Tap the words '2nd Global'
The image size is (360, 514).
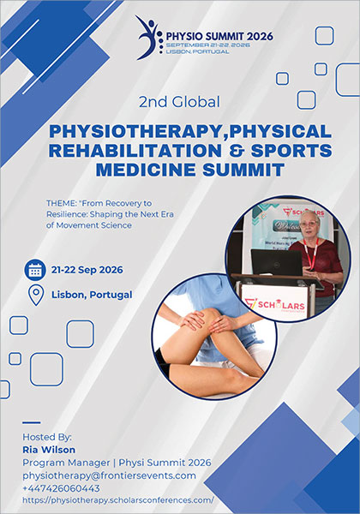179,101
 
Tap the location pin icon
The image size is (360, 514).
36,295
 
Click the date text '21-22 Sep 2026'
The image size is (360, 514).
87,270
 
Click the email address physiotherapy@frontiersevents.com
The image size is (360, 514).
109,475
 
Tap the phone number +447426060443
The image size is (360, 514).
62,488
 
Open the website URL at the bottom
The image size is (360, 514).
117,500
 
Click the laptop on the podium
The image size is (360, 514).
276,262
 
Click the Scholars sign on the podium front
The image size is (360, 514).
275,301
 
